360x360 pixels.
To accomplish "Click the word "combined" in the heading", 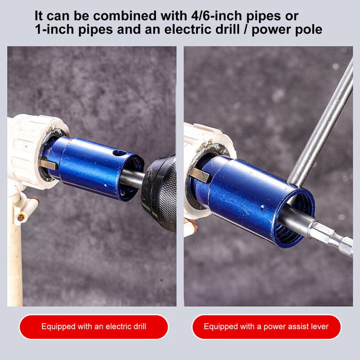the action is pos(125,16).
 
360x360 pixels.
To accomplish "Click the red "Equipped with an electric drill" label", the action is pos(94,327).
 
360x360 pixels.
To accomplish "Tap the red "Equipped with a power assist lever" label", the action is pos(266,327).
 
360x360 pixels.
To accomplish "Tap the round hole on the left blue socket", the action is pos(120,153).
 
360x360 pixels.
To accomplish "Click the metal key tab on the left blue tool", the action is pos(48,164).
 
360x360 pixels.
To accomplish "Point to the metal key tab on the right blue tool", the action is pos(200,175).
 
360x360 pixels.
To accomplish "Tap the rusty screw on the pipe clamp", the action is pos(21,217).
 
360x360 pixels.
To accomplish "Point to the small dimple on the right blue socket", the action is pos(263,208).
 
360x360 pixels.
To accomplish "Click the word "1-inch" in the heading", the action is pos(55,29).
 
